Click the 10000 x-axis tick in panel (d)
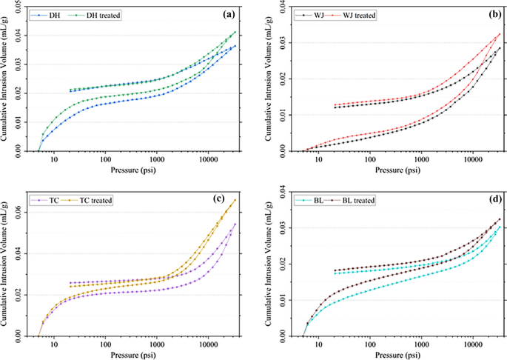pyautogui.click(x=472, y=346)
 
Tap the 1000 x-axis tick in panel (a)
pyautogui.click(x=156, y=160)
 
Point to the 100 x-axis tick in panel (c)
pyautogui.click(x=105, y=346)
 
